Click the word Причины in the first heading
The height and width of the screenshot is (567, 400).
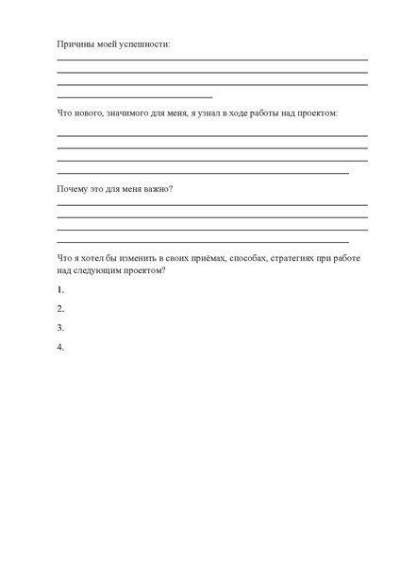pos(75,44)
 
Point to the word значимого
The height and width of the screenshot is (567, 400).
pos(133,113)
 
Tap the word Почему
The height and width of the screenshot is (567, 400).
pos(75,189)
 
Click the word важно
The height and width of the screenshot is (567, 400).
pos(155,189)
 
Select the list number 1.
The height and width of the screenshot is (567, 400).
pos(60,289)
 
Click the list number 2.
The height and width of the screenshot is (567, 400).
pos(60,309)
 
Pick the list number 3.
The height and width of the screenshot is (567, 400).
pos(60,328)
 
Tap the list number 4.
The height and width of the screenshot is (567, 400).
pos(60,348)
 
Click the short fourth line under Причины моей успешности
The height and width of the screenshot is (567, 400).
pos(135,97)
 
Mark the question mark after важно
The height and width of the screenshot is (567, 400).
pos(171,189)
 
